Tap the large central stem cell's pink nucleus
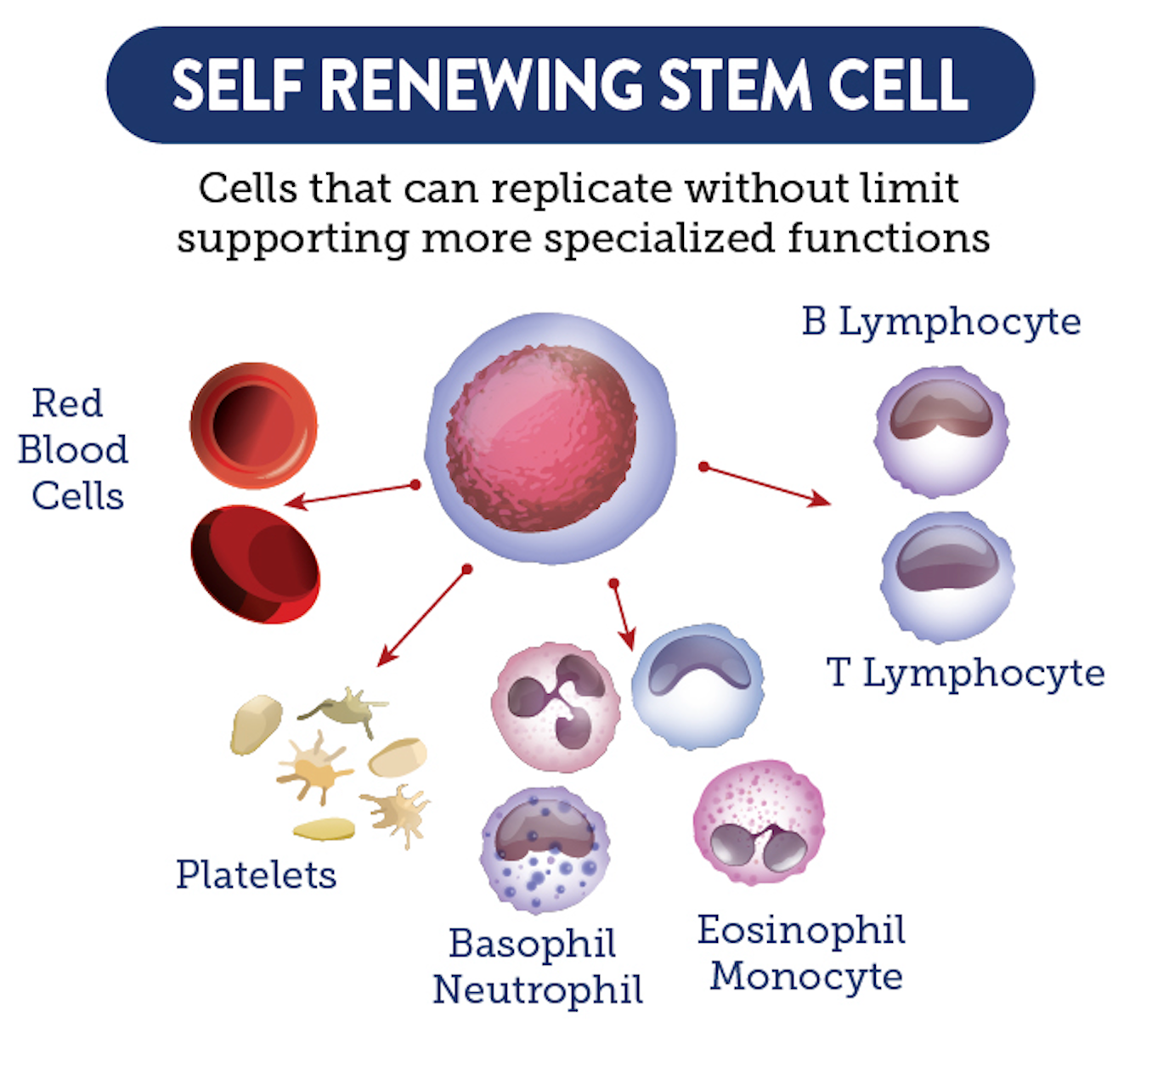[541, 437]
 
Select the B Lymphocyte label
[941, 322]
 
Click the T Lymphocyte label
[966, 674]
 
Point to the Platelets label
[256, 875]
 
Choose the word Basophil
[533, 944]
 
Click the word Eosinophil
[801, 930]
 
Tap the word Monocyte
[806, 976]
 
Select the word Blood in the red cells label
[73, 450]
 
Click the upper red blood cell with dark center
[253, 426]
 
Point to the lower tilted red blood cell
[256, 564]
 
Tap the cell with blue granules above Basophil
[545, 849]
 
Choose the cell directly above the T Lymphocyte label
[947, 576]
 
